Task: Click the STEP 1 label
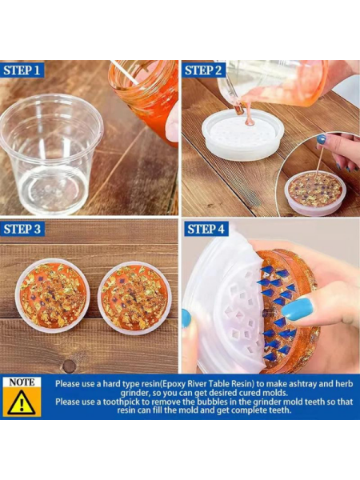click(x=22, y=70)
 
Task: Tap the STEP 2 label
click(x=203, y=70)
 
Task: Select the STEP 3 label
click(x=22, y=229)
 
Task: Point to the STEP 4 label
click(x=206, y=229)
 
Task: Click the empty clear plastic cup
click(x=51, y=153)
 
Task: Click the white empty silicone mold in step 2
click(x=242, y=134)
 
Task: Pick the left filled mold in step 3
click(x=52, y=296)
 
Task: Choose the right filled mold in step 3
click(x=134, y=298)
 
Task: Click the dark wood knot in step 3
click(x=69, y=366)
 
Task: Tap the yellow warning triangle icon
click(x=22, y=402)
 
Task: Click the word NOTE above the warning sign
click(x=22, y=382)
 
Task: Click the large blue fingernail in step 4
click(x=298, y=309)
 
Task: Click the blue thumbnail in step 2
click(x=321, y=139)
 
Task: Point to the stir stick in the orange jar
click(x=125, y=73)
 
